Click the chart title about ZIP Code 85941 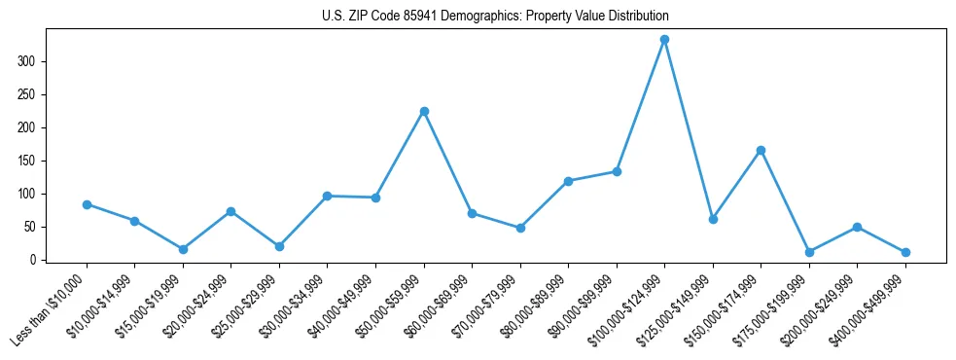(495, 17)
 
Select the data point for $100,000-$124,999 (664, 40)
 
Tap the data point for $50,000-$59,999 (424, 111)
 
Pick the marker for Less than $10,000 (87, 204)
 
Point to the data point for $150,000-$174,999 (761, 150)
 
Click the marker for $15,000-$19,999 (183, 249)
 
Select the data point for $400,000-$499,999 (905, 252)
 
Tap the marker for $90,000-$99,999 (617, 171)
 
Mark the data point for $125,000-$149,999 (713, 219)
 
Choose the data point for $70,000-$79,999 (520, 228)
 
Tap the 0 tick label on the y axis (36, 260)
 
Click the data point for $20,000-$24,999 (230, 211)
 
